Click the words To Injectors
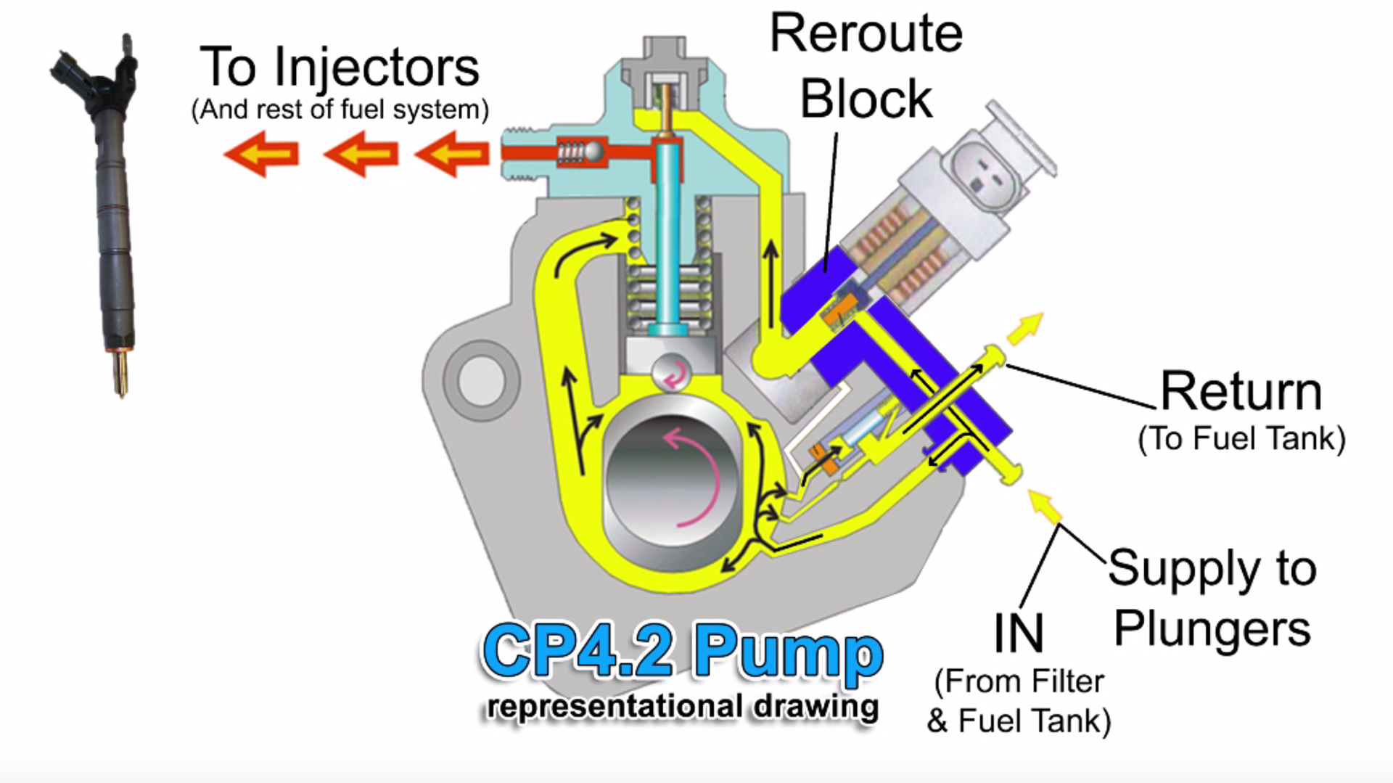[x=339, y=67]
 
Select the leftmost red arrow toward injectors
[x=261, y=154]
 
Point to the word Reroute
[x=866, y=33]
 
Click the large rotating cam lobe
[x=671, y=483]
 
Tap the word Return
[x=1241, y=392]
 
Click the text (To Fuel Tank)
[x=1241, y=438]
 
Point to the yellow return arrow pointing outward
[x=1026, y=328]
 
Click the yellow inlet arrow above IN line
[x=1045, y=507]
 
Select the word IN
[x=1018, y=634]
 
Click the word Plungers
[x=1212, y=628]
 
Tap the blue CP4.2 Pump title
[x=682, y=651]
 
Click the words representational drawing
[x=682, y=706]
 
